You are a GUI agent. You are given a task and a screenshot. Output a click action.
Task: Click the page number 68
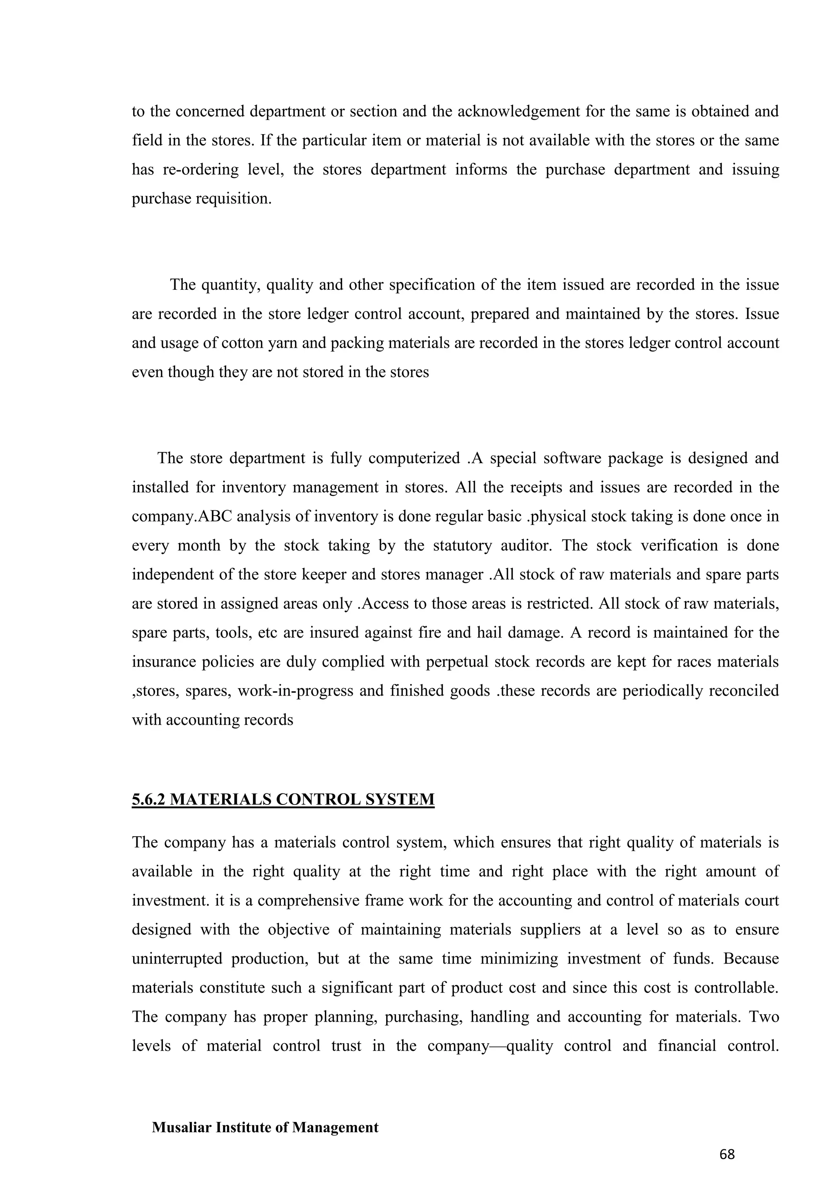[727, 1154]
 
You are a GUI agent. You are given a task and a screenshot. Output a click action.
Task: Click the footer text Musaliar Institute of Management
[265, 1127]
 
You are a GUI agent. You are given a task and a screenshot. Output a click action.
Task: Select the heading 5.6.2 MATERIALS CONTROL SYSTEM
[283, 800]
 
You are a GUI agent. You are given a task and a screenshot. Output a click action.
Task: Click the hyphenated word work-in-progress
[296, 690]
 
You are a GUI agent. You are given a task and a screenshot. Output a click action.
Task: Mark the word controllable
[736, 987]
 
